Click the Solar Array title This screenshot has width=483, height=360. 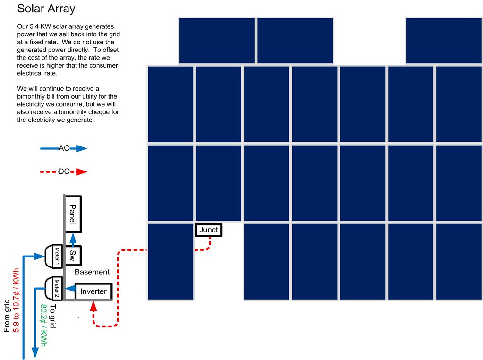pyautogui.click(x=46, y=9)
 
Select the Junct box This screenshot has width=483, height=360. pyautogui.click(x=208, y=230)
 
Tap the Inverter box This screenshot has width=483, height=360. pyautogui.click(x=93, y=291)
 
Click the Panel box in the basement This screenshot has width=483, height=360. pyautogui.click(x=73, y=214)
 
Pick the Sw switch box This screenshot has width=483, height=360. pyautogui.click(x=73, y=256)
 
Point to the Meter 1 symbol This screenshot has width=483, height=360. pyautogui.click(x=54, y=256)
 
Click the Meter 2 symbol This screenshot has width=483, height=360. pyautogui.click(x=54, y=288)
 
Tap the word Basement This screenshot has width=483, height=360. pyautogui.click(x=92, y=272)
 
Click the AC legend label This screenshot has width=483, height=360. pyautogui.click(x=64, y=148)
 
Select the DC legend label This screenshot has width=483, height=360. pyautogui.click(x=64, y=172)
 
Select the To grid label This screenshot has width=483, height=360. pyautogui.click(x=53, y=316)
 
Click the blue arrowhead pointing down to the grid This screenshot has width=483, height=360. pyautogui.click(x=34, y=352)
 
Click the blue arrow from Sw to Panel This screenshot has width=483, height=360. pyautogui.click(x=73, y=239)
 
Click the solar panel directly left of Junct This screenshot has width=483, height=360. pyautogui.click(x=170, y=261)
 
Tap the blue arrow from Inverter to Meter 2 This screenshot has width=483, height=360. pyautogui.click(x=69, y=288)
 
